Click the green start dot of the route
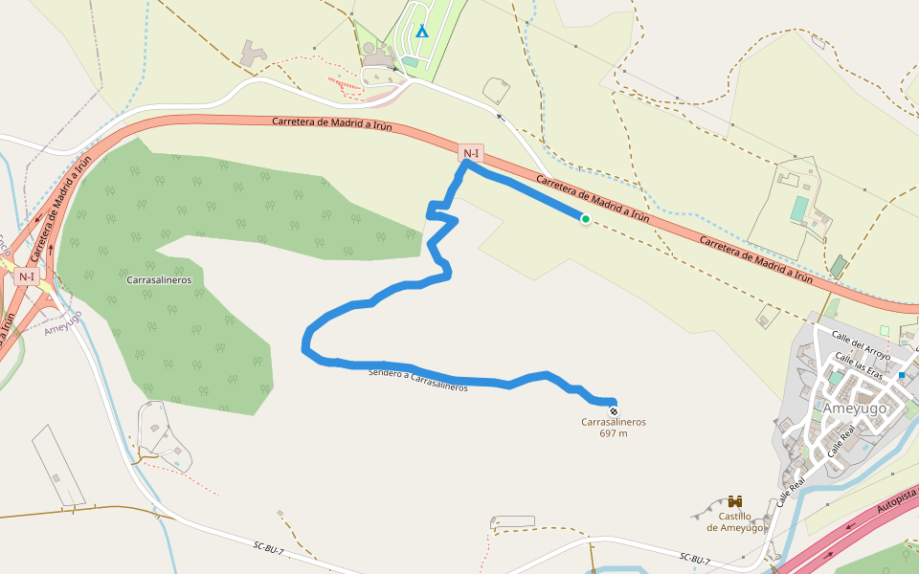point(585,219)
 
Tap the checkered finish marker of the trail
point(614,410)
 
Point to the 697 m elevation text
point(614,433)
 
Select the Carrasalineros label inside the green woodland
point(160,280)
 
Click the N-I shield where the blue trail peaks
point(470,153)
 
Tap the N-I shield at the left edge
point(27,276)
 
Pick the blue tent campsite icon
point(422,31)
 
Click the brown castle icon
point(735,502)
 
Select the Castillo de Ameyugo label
point(735,522)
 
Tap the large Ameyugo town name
point(855,408)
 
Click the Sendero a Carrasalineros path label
point(418,380)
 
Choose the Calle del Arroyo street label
point(862,345)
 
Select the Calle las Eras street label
point(859,364)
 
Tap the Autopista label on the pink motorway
point(898,500)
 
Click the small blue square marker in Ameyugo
point(902,375)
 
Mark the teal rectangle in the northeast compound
point(799,209)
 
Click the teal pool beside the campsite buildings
point(412,61)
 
